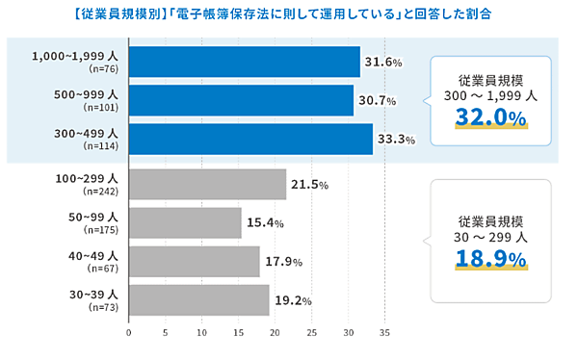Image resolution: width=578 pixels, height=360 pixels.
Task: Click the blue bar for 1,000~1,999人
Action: pos(244,62)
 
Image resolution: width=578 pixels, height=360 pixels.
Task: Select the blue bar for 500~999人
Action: pos(241,100)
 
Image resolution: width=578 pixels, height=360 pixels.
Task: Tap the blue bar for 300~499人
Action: pos(250,139)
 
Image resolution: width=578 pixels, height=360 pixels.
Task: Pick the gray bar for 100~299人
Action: pos(207,184)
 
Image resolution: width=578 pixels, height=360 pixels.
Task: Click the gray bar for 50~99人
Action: pos(185,222)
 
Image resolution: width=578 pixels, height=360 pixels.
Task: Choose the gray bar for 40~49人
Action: pos(194,261)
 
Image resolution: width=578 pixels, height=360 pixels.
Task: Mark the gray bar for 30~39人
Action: pos(198,299)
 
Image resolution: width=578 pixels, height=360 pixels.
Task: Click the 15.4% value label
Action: pos(264,223)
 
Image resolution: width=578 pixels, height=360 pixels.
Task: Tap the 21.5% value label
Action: pos(309,184)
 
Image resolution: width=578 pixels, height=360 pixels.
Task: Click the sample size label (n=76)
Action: pos(102,69)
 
